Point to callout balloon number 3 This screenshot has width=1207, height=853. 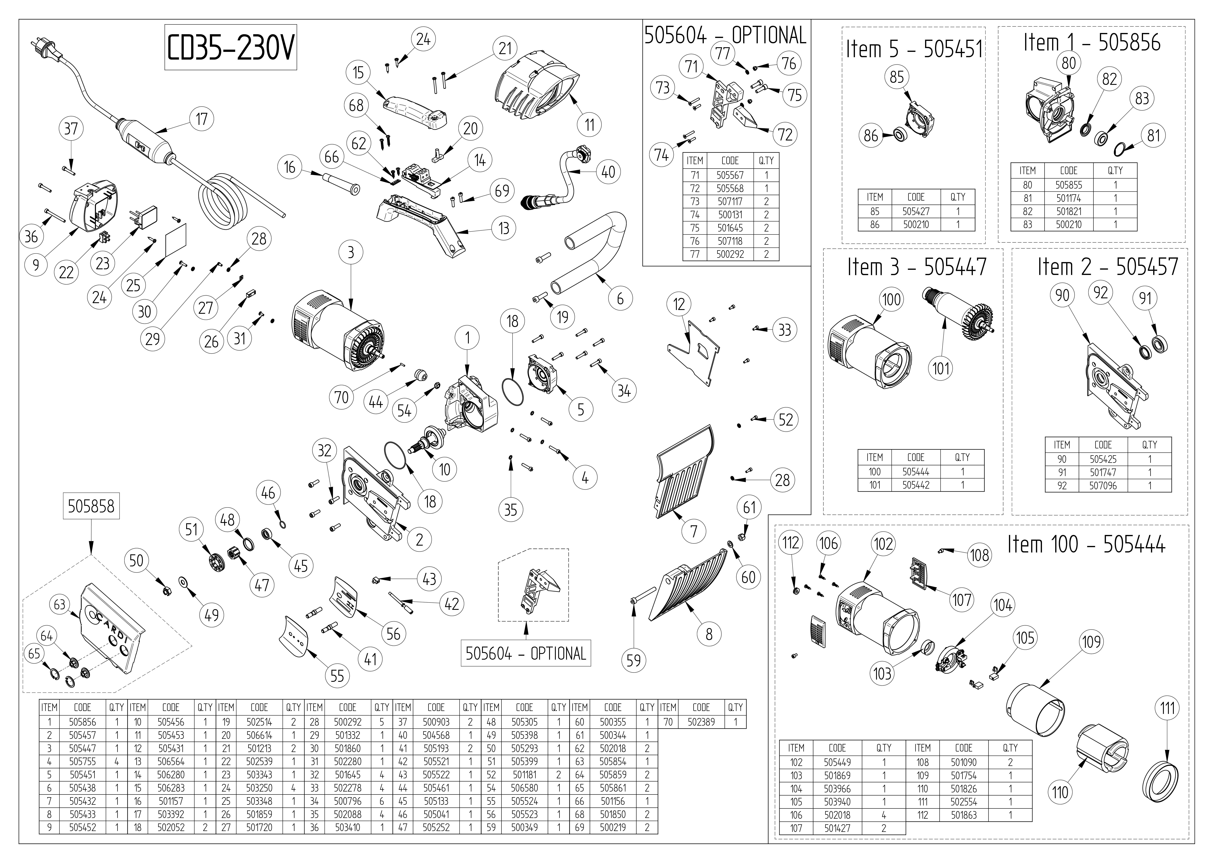click(x=351, y=253)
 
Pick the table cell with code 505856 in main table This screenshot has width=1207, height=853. click(x=83, y=722)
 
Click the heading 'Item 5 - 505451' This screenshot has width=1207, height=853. click(x=914, y=49)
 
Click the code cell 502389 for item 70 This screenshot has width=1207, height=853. click(x=701, y=722)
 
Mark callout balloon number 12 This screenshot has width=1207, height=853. click(x=679, y=304)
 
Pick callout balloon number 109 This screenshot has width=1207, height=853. click(x=1091, y=642)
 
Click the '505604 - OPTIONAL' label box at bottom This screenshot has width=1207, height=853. click(x=526, y=653)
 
